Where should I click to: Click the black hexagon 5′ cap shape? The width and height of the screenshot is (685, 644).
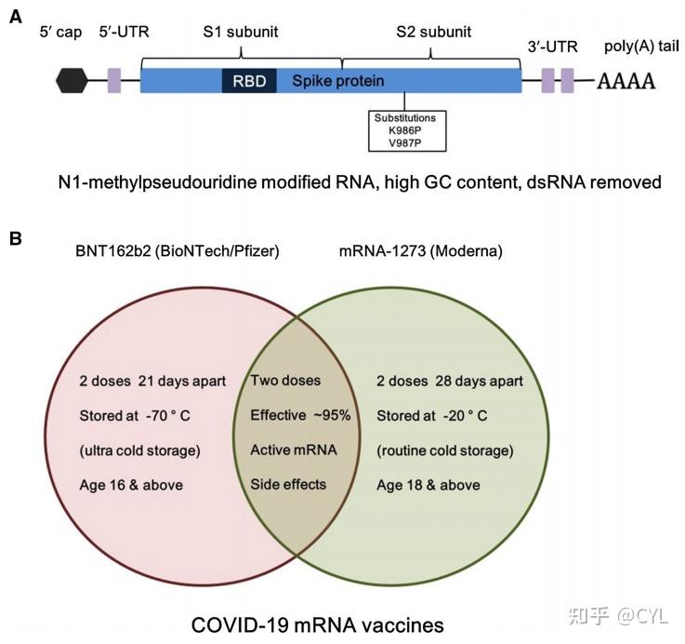[x=72, y=80]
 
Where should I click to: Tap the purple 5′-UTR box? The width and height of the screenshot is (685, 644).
[x=114, y=80]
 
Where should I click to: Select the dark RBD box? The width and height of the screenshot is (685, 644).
[x=249, y=80]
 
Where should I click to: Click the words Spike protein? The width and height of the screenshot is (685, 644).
[x=338, y=81]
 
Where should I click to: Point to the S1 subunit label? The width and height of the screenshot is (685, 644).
[x=241, y=32]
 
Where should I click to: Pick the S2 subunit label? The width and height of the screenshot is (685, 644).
[x=434, y=32]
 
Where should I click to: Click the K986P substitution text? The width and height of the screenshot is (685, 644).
[x=405, y=130]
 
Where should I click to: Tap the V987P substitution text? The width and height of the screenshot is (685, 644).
[x=405, y=142]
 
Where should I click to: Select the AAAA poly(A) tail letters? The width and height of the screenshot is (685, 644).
[x=626, y=81]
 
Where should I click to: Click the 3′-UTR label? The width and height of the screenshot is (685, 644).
[x=553, y=47]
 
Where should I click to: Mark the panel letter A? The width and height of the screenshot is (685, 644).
[x=15, y=17]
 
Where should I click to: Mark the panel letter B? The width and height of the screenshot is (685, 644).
[x=15, y=239]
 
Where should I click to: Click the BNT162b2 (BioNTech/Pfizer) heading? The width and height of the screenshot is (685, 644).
[x=178, y=251]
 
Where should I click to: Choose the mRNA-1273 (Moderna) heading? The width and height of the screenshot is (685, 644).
[x=421, y=251]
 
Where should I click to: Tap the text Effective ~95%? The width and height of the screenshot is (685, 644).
[x=300, y=415]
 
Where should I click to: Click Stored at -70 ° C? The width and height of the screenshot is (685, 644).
[x=135, y=416]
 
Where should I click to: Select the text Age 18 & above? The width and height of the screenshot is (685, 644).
[x=428, y=485]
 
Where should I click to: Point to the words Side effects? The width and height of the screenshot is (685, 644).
[x=288, y=485]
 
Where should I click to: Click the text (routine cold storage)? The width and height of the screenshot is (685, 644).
[x=445, y=450]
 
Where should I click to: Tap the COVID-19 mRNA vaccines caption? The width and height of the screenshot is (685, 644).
[x=318, y=625]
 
